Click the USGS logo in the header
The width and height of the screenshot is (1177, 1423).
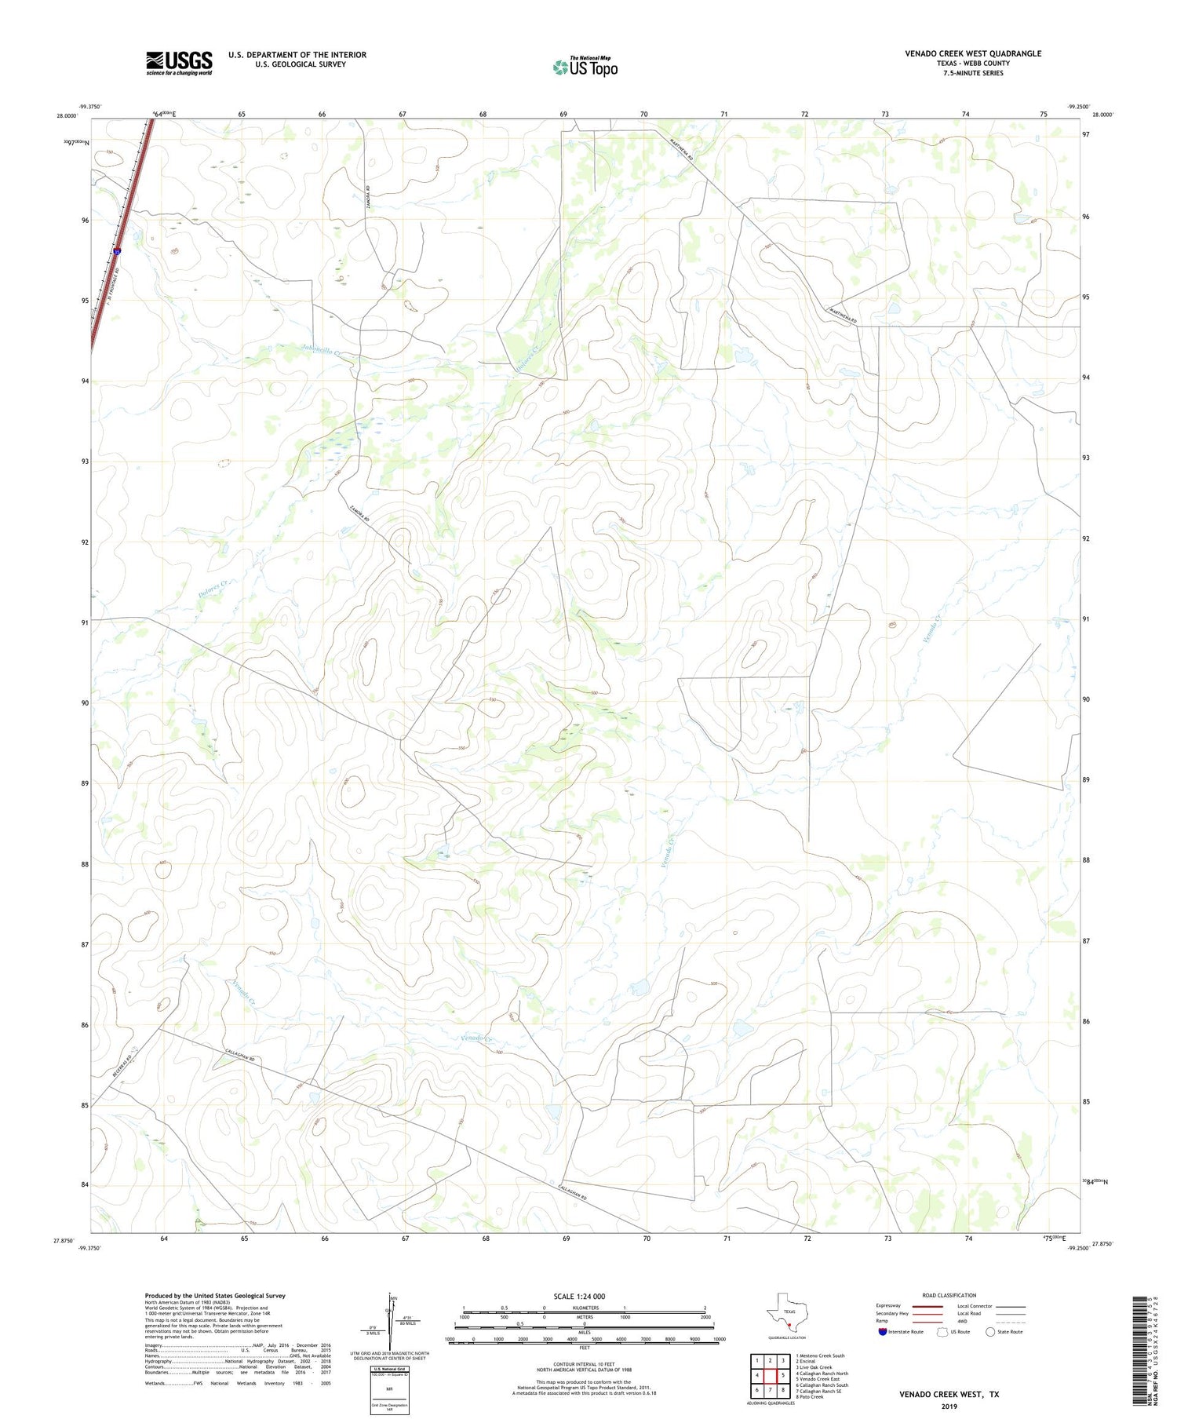pos(179,63)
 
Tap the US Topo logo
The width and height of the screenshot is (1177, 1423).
pos(585,68)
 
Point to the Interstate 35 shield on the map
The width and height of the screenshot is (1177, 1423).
pos(117,251)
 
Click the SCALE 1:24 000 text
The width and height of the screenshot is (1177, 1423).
pos(579,1297)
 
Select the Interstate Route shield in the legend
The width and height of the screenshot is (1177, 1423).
pos(883,1331)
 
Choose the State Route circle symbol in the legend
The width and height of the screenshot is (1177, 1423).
pos(990,1331)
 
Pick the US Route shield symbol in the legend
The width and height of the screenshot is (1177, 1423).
pos(942,1331)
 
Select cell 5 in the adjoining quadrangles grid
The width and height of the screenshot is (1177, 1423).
pos(783,1375)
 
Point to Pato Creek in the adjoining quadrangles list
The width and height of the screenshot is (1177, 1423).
pos(810,1396)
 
